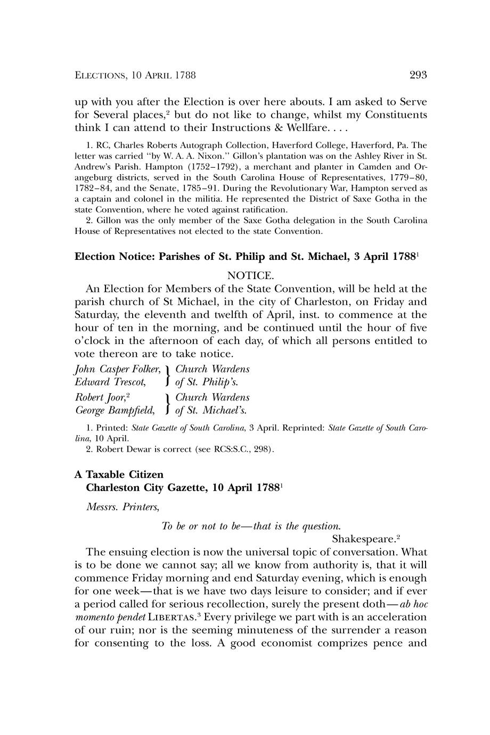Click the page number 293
tap(418, 75)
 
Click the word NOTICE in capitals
tap(250, 276)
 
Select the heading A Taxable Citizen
tap(119, 475)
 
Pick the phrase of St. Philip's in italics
tap(207, 382)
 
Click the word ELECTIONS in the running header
tap(100, 76)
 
